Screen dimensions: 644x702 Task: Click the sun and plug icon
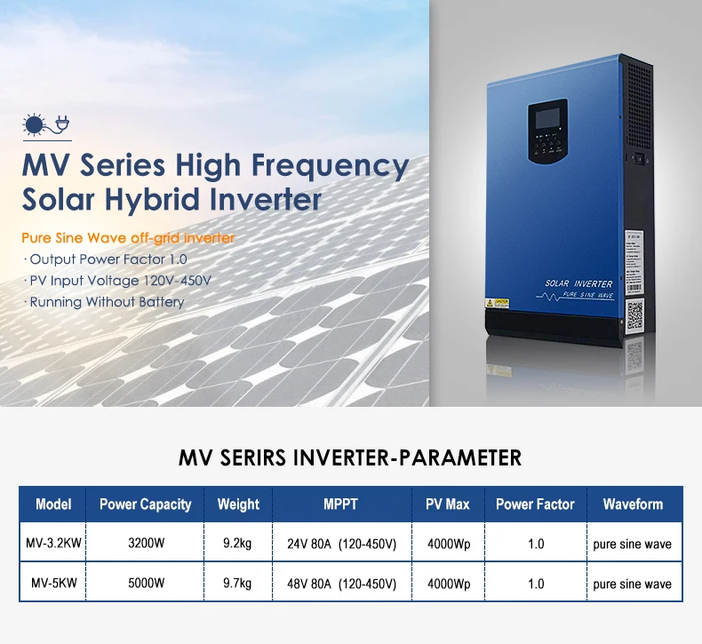[45, 127]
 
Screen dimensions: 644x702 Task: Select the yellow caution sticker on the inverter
[495, 303]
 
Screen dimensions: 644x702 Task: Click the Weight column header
[238, 504]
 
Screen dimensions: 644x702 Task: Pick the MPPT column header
[341, 504]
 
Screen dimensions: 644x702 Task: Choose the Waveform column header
[633, 504]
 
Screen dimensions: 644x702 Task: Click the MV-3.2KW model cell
[52, 544]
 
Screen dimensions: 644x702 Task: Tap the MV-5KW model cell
[52, 584]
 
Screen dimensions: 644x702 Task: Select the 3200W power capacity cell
[145, 544]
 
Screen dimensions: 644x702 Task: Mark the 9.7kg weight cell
[238, 584]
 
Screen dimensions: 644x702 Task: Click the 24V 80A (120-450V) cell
[341, 544]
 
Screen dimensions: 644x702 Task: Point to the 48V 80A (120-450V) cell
[341, 584]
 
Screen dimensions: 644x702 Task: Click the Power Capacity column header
[145, 504]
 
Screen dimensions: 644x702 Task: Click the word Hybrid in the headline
[178, 200]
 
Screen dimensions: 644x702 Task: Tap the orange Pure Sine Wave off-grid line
[129, 238]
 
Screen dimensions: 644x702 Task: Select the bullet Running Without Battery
[107, 302]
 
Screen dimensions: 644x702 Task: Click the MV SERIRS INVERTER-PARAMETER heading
[350, 458]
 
